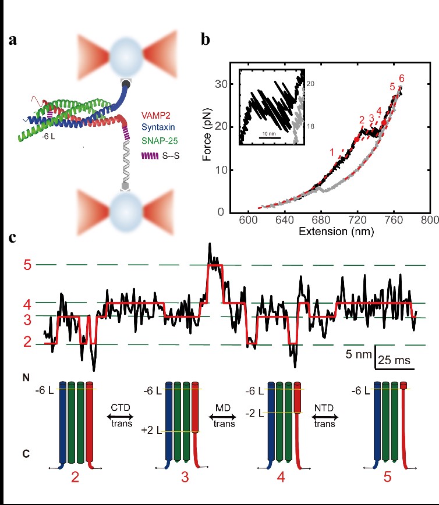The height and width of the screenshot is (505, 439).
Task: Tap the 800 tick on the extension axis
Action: pos(430,221)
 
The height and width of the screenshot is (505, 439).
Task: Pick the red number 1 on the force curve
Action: pos(332,152)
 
